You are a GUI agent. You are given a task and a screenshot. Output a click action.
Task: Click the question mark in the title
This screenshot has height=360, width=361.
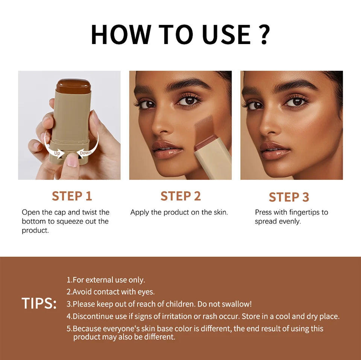click(264, 35)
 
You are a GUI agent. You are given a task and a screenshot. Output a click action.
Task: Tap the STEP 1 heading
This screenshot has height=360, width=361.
click(72, 196)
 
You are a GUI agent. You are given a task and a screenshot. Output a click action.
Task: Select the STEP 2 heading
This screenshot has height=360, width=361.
click(180, 196)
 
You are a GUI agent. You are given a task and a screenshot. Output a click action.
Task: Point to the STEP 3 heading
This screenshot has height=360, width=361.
click(289, 197)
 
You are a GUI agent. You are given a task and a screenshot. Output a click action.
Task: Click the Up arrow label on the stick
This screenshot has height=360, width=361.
click(57, 153)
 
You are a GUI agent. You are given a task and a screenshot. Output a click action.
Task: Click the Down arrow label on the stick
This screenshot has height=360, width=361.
click(85, 153)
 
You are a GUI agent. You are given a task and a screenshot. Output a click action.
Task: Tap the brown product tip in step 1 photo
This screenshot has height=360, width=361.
click(73, 86)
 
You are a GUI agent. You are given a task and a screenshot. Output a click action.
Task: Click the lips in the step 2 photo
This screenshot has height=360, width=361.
click(167, 149)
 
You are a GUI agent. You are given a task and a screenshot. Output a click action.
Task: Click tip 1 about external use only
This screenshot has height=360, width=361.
click(106, 280)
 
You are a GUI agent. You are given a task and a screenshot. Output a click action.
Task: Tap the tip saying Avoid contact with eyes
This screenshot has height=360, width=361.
click(111, 292)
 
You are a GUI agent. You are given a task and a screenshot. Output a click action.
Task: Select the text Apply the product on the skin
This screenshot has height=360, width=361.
click(179, 212)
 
